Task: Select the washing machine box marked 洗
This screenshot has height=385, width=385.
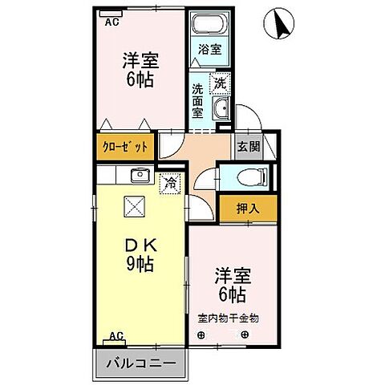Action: pyautogui.click(x=220, y=82)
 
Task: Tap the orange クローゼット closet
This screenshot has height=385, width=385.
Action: pyautogui.click(x=127, y=147)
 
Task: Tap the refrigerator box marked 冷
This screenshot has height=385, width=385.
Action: pyautogui.click(x=170, y=183)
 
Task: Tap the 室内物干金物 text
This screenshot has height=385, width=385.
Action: pyautogui.click(x=229, y=318)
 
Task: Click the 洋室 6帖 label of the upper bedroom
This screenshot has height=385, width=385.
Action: pyautogui.click(x=140, y=69)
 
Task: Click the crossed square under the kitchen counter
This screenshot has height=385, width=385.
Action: pyautogui.click(x=133, y=207)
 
